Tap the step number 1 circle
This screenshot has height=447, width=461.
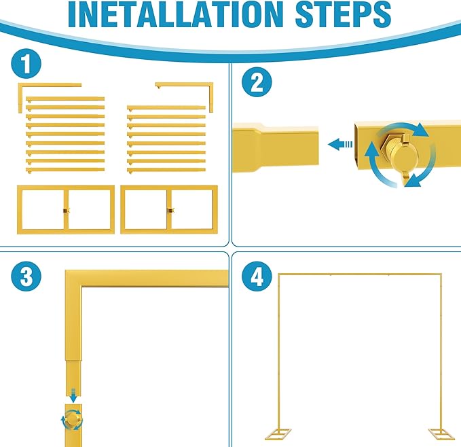[x=26, y=64]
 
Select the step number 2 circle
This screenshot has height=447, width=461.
[x=257, y=82]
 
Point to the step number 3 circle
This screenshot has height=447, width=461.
[x=26, y=276]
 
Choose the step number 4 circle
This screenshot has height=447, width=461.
[x=257, y=276]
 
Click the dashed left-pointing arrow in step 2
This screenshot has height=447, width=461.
[x=340, y=145]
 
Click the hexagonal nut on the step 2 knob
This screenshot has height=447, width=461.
[x=388, y=146]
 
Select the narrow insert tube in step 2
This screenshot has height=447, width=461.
[x=290, y=149]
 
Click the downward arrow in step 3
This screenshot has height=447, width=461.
[x=73, y=395]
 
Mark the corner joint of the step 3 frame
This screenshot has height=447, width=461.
[x=73, y=279]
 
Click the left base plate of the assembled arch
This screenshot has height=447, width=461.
[x=278, y=434]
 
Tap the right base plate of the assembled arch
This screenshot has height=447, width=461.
[x=441, y=434]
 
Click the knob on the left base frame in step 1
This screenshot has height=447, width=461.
[x=67, y=211]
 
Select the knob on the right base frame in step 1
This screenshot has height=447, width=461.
[x=170, y=211]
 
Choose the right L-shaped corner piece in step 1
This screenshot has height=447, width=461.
[x=210, y=86]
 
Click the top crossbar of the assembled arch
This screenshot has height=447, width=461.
[x=360, y=274]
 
